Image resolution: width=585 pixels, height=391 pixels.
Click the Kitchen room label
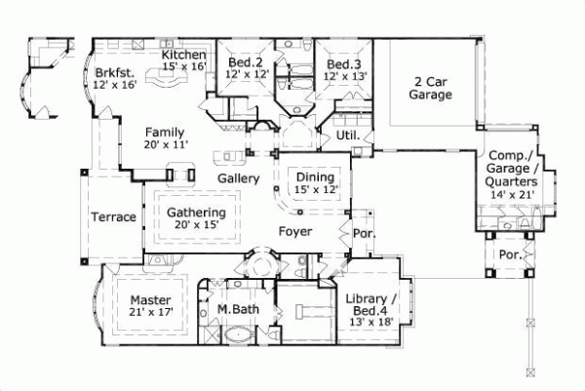tap(183, 56)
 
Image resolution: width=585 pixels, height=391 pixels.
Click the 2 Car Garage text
tap(429, 88)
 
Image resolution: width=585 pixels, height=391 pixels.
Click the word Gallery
tap(237, 178)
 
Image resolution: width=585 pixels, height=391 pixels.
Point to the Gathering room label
tap(196, 213)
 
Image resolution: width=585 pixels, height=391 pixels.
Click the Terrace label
tap(113, 216)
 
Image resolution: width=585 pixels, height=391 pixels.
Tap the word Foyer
tap(294, 232)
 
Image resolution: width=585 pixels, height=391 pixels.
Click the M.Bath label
tap(236, 309)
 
